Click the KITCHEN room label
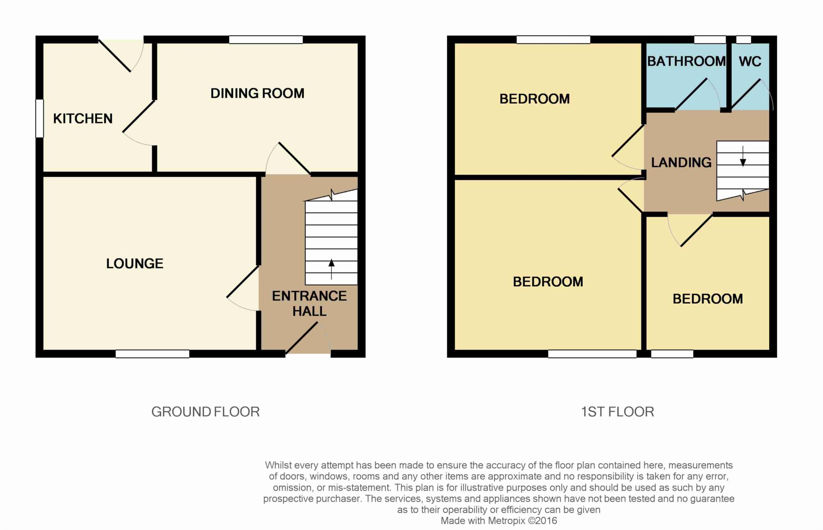[x=83, y=118]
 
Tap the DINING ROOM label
[x=257, y=93]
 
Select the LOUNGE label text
[x=135, y=264]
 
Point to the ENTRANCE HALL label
[x=309, y=303]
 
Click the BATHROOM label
[x=686, y=61]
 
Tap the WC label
[x=750, y=62]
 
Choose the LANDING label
[x=681, y=163]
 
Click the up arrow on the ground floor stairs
[x=332, y=269]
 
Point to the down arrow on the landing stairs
[x=743, y=157]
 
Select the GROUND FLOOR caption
[x=205, y=412]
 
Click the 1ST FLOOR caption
[x=618, y=412]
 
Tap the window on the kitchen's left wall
[x=39, y=118]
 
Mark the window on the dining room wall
[x=266, y=39]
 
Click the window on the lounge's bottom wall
[x=153, y=354]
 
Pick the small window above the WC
[x=743, y=39]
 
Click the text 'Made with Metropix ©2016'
[x=499, y=521]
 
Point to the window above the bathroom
[x=710, y=39]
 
